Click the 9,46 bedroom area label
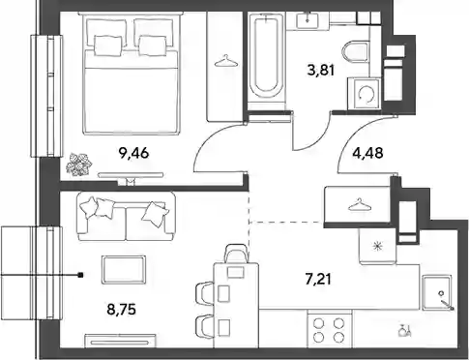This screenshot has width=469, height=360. pyautogui.click(x=133, y=153)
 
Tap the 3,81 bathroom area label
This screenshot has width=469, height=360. pyautogui.click(x=321, y=70)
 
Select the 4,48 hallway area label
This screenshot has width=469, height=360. pyautogui.click(x=368, y=153)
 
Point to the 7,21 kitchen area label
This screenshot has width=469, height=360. pyautogui.click(x=318, y=279)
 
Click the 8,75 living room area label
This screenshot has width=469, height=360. pyautogui.click(x=121, y=309)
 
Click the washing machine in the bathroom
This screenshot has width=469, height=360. pyautogui.click(x=366, y=94)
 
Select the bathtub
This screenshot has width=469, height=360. pyautogui.click(x=267, y=57)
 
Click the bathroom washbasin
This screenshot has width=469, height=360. pyautogui.click(x=308, y=20)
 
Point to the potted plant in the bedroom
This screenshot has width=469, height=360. pyautogui.click(x=79, y=165)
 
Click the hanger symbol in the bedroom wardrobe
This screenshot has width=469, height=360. pyautogui.click(x=226, y=62)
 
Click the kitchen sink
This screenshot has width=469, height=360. pyautogui.click(x=437, y=292)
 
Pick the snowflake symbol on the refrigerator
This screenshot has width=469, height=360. pyautogui.click(x=377, y=247)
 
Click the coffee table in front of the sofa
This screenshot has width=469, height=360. pyautogui.click(x=123, y=270)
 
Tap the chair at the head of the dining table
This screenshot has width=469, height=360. pyautogui.click(x=237, y=254)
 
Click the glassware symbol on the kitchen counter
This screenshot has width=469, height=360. pyautogui.click(x=404, y=331)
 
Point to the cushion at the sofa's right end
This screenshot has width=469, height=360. pyautogui.click(x=155, y=212)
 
